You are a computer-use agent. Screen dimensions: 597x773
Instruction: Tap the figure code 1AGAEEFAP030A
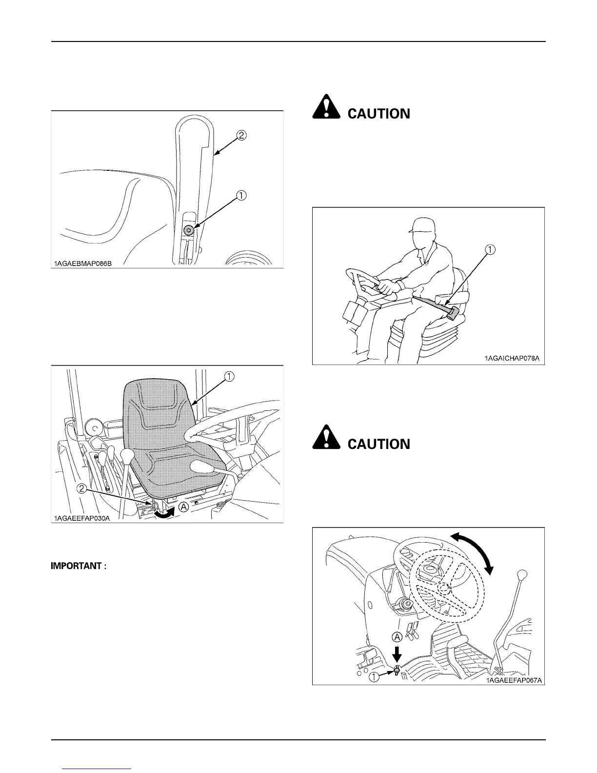click(81, 518)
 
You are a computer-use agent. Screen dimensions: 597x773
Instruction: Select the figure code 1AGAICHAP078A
click(512, 359)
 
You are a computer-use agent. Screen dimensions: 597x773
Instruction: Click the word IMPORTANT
click(77, 566)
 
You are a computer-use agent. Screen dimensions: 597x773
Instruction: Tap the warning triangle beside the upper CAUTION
click(326, 106)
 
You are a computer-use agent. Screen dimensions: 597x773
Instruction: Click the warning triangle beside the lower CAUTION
click(326, 437)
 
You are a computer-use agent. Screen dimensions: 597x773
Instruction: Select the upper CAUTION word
click(378, 114)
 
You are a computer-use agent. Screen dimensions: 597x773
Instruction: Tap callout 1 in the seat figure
click(229, 376)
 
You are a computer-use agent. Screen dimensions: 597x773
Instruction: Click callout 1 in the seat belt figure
click(490, 249)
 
